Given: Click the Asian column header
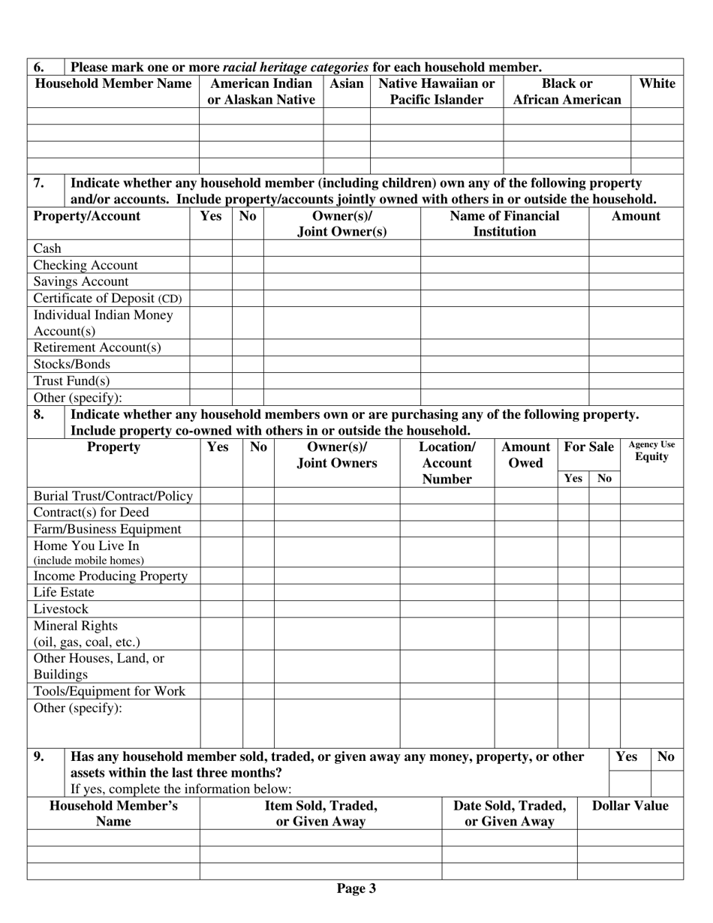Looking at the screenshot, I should click(347, 84).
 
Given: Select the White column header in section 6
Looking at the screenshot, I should click(657, 84).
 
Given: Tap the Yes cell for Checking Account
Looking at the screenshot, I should click(211, 265).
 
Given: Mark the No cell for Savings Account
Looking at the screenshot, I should click(248, 281).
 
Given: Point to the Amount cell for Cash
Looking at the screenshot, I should click(636, 248).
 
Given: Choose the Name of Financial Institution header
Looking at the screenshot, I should click(504, 224).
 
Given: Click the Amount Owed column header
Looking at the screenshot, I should click(525, 455).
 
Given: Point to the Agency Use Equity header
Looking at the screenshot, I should click(651, 450).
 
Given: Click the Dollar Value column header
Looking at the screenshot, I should click(630, 806).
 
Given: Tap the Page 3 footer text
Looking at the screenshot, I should click(356, 889).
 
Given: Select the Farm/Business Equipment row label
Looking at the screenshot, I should click(107, 529).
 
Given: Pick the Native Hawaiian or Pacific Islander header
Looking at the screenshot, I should click(437, 92).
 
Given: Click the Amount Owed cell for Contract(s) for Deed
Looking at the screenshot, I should click(525, 513).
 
